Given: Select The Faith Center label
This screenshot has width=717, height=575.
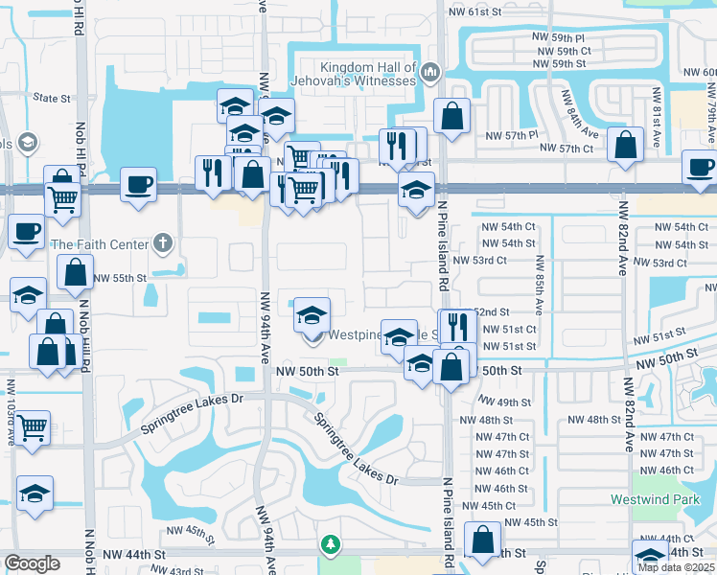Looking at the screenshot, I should [101, 244].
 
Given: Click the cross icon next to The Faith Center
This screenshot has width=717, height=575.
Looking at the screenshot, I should [164, 243].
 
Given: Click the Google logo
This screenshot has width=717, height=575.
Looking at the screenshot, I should [32, 563].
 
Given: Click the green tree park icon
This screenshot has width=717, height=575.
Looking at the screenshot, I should [330, 544].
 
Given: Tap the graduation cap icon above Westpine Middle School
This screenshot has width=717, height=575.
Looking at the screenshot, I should [312, 313].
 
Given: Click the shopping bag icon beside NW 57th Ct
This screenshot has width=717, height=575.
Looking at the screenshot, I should [625, 147].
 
